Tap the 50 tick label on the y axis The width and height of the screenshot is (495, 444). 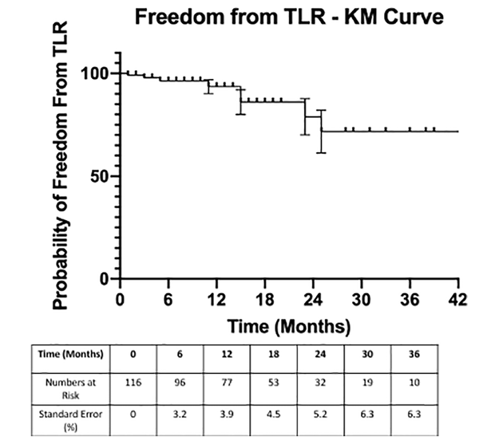click(100, 176)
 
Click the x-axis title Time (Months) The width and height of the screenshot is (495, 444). click(288, 325)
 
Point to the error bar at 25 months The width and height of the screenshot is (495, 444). click(321, 131)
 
